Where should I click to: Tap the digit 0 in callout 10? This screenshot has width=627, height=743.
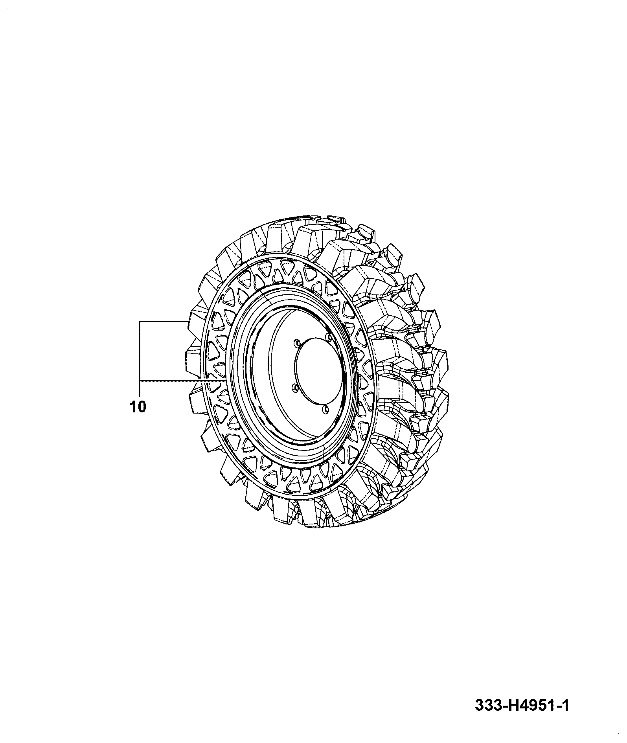coord(141,407)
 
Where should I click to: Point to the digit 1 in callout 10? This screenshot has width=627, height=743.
coord(132,407)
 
